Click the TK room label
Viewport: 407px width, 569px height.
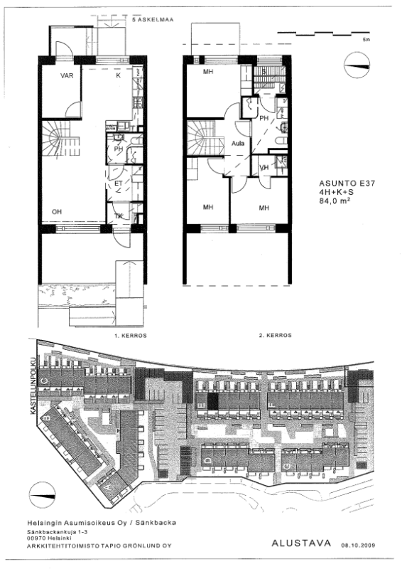coord(119,216)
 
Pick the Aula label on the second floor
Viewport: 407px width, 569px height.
coord(239,143)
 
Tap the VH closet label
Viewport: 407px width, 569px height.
coord(264,168)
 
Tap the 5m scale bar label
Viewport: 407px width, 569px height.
coord(367,41)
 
